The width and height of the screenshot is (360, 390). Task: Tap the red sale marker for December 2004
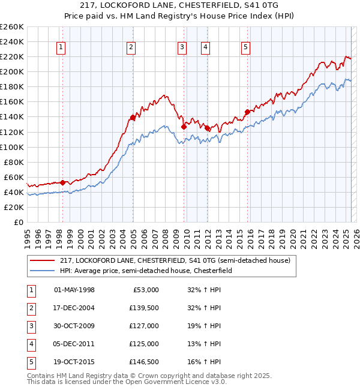pyautogui.click(x=133, y=117)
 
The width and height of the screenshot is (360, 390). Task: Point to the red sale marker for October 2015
pyautogui.click(x=247, y=112)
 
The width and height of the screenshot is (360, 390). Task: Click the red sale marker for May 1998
pyautogui.click(x=62, y=182)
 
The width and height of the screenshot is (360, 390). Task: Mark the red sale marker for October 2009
pyautogui.click(x=184, y=127)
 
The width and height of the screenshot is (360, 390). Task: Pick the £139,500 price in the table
pyautogui.click(x=143, y=308)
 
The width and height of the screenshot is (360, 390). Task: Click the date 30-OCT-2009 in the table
pyautogui.click(x=74, y=326)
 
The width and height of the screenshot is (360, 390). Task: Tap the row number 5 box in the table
pyautogui.click(x=30, y=362)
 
